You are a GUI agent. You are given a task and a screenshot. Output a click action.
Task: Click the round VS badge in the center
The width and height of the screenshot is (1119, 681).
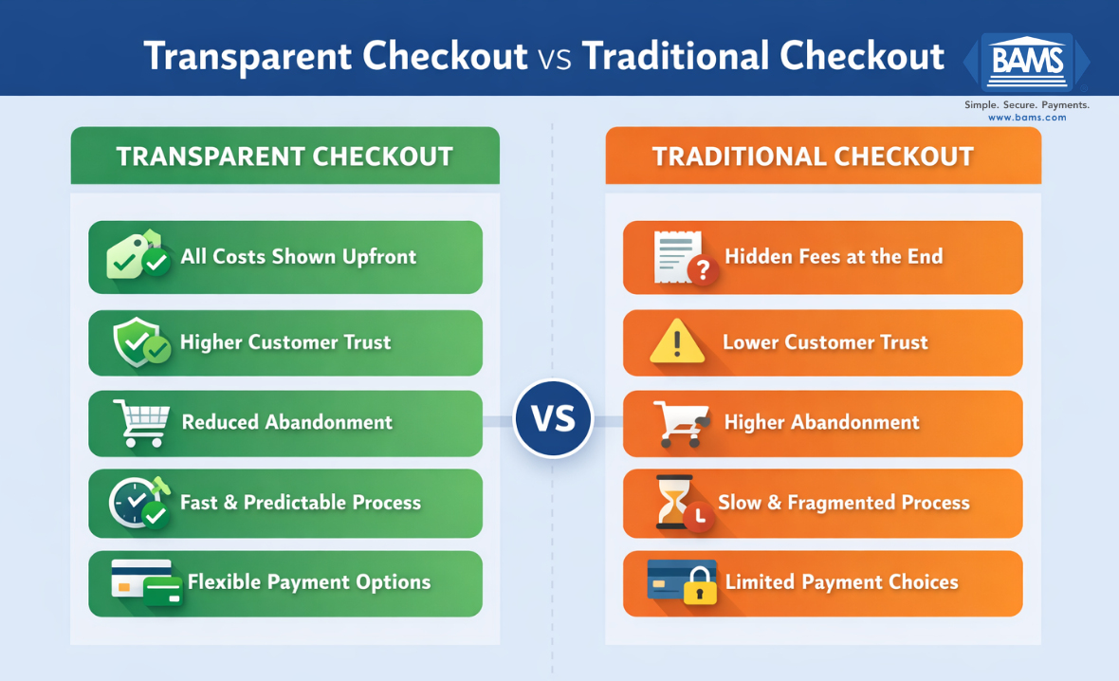click(553, 419)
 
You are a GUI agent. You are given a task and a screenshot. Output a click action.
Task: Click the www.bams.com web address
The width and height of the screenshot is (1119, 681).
click(1027, 118)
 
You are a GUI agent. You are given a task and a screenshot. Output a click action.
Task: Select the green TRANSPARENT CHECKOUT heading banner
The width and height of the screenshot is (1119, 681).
click(284, 156)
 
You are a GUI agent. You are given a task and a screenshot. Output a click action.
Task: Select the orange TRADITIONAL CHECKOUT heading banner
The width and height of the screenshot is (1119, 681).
click(822, 156)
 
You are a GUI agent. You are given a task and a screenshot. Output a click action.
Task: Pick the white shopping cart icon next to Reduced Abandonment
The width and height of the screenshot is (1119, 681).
click(140, 422)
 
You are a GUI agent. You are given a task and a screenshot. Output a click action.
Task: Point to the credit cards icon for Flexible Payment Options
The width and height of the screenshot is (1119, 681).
click(145, 582)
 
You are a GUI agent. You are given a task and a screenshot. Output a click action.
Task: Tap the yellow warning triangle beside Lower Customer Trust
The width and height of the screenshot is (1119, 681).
click(677, 342)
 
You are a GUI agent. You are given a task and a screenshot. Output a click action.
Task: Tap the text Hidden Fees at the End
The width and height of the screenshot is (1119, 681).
click(834, 256)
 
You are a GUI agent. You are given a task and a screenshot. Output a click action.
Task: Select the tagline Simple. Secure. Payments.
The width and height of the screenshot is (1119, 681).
click(1027, 104)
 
